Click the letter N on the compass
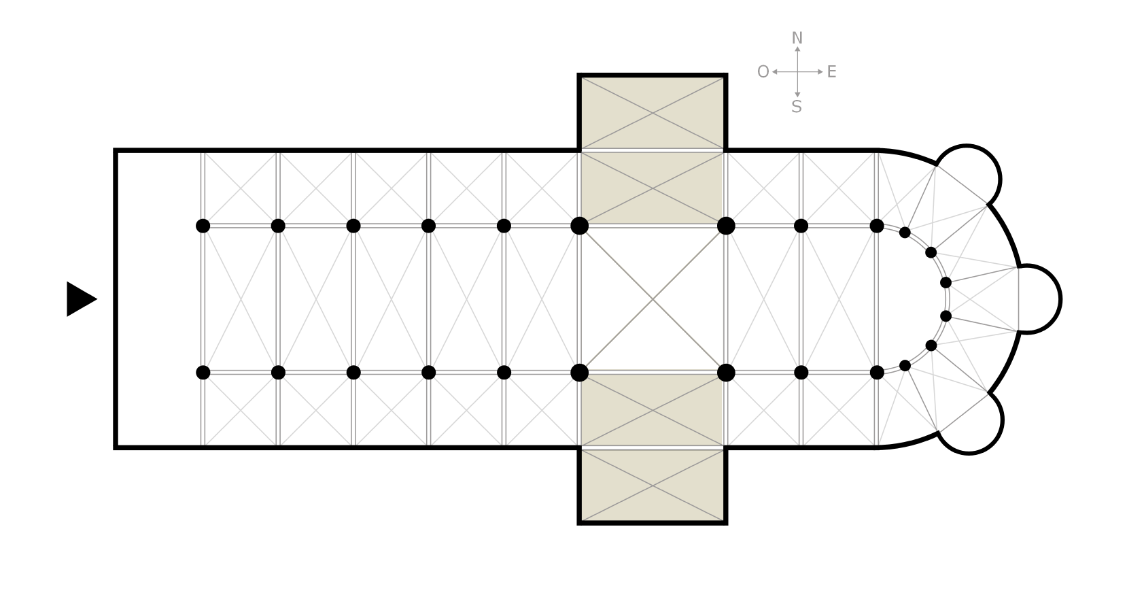click(797, 38)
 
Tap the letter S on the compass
click(797, 107)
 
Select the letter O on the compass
click(763, 72)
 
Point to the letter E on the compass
click(832, 72)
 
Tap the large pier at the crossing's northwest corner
click(580, 226)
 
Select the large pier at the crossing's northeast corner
click(726, 226)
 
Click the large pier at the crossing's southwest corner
click(580, 373)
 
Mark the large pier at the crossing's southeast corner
click(726, 373)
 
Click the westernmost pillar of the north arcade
click(203, 226)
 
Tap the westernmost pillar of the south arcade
click(203, 373)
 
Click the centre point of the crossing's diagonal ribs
click(653, 299)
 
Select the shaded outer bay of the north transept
click(653, 114)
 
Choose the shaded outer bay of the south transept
click(653, 486)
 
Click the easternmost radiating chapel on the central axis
click(1039, 299)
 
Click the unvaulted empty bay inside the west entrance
click(159, 299)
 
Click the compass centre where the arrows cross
click(797, 72)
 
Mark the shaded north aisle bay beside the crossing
click(653, 188)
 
